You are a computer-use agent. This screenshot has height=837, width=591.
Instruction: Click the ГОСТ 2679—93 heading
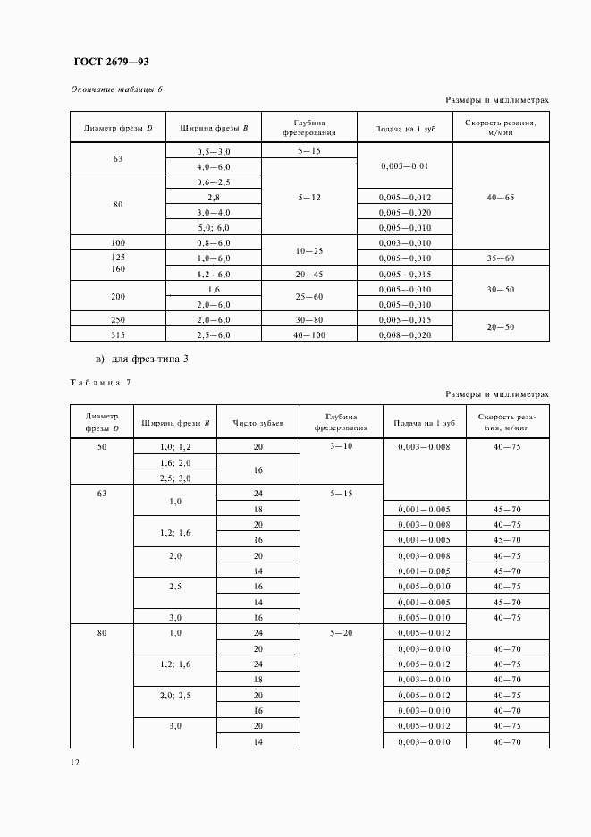[112, 62]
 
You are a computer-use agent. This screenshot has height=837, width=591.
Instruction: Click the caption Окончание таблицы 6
[116, 89]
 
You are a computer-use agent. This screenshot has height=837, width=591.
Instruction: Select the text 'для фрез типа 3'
[148, 359]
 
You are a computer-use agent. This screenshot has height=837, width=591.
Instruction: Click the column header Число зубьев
[258, 422]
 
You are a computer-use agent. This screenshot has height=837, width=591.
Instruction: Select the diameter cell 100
[118, 242]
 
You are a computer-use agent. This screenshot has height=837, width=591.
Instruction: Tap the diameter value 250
[118, 319]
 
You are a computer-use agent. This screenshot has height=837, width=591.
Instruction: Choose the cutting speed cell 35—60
[501, 258]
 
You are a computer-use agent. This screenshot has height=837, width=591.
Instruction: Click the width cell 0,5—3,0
[214, 152]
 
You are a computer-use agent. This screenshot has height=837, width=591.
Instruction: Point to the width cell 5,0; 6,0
[214, 227]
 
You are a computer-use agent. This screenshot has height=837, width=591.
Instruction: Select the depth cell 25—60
[308, 296]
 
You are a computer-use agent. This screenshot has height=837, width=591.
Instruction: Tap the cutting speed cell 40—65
[501, 197]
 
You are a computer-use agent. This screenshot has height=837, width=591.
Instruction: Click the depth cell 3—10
[342, 445]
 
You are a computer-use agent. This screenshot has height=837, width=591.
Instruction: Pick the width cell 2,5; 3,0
[175, 478]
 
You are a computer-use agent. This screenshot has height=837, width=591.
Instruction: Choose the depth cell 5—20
[342, 632]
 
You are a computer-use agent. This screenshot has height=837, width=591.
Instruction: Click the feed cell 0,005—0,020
[405, 212]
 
